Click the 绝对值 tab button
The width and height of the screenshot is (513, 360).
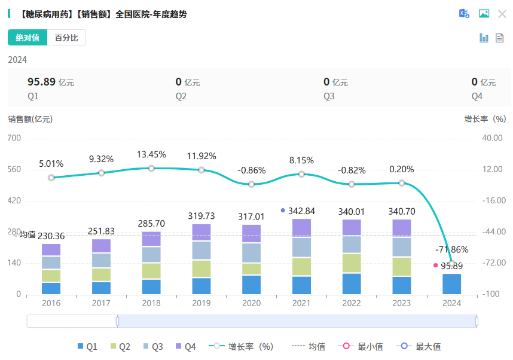[x=28, y=38]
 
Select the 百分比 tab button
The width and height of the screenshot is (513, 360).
[x=66, y=38]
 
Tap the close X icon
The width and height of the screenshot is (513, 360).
[x=502, y=14]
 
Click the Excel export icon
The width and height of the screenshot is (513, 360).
[x=464, y=14]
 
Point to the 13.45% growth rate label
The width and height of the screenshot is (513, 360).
[x=151, y=154]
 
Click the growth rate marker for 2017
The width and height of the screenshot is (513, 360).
[x=102, y=173]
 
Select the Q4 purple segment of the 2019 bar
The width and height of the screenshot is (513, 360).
[x=201, y=232]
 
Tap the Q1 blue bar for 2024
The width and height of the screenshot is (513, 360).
[x=452, y=283]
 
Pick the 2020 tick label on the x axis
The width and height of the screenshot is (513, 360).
[x=252, y=303]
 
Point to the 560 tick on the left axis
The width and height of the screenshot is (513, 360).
[x=14, y=169]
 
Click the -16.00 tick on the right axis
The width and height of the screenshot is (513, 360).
[x=493, y=201]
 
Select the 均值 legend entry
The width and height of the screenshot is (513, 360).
[x=309, y=346]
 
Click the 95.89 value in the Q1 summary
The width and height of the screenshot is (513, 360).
[x=41, y=82]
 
